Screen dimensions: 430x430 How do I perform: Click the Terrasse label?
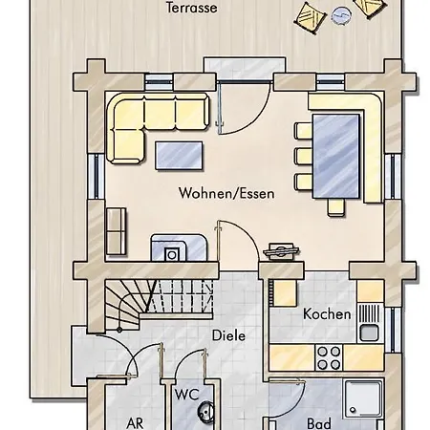(x=191, y=8)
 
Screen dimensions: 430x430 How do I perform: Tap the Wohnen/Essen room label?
(x=226, y=193)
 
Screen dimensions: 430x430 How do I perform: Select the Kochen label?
(x=327, y=314)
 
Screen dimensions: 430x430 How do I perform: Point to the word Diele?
(x=228, y=335)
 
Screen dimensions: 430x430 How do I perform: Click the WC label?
(x=186, y=395)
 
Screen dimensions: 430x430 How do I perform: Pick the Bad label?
(x=319, y=423)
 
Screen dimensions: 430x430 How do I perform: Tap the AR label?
(x=135, y=423)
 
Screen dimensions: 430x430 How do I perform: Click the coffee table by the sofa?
(x=179, y=156)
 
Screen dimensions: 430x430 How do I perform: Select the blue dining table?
(x=336, y=156)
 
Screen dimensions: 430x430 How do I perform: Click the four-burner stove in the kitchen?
(x=329, y=357)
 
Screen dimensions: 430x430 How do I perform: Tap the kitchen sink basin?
(x=369, y=333)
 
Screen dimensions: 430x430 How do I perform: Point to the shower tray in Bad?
(x=363, y=398)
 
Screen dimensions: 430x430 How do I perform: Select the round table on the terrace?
(x=341, y=15)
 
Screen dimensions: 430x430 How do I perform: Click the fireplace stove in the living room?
(x=179, y=247)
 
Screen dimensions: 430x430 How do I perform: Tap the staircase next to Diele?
(x=159, y=301)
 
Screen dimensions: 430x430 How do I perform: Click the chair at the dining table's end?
(x=336, y=207)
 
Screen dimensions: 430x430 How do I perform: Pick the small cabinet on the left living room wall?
(x=116, y=231)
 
